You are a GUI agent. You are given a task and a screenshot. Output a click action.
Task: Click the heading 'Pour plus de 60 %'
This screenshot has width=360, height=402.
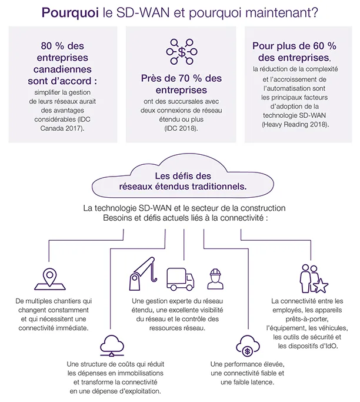click(295, 46)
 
